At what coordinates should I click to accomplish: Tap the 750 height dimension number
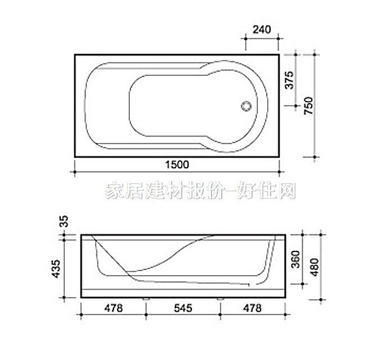pyautogui.click(x=309, y=105)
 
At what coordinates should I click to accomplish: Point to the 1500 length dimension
pyautogui.click(x=177, y=164)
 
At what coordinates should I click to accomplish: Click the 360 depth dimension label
pyautogui.click(x=295, y=259)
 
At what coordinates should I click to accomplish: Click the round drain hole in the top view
pyautogui.click(x=246, y=105)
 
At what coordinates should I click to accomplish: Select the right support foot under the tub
pyautogui.click(x=219, y=298)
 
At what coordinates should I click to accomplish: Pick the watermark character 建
pyautogui.click(x=152, y=192)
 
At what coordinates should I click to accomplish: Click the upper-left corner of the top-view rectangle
pyautogui.click(x=75, y=55)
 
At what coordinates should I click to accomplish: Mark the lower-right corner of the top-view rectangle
pyautogui.click(x=280, y=157)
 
